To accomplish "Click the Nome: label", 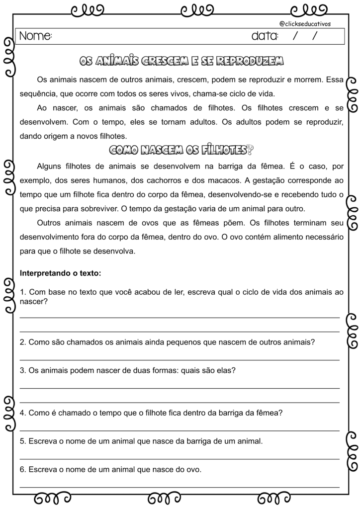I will (x=35, y=36).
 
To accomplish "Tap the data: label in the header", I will (x=265, y=36).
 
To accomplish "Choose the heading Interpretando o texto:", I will (x=60, y=273).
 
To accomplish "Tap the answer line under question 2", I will (x=180, y=359).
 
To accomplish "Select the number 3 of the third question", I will (x=22, y=370).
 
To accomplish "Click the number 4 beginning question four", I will (x=22, y=413).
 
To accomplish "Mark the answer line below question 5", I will (x=180, y=458).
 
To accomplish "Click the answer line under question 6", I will (x=180, y=487).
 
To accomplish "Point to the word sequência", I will (x=38, y=93).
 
